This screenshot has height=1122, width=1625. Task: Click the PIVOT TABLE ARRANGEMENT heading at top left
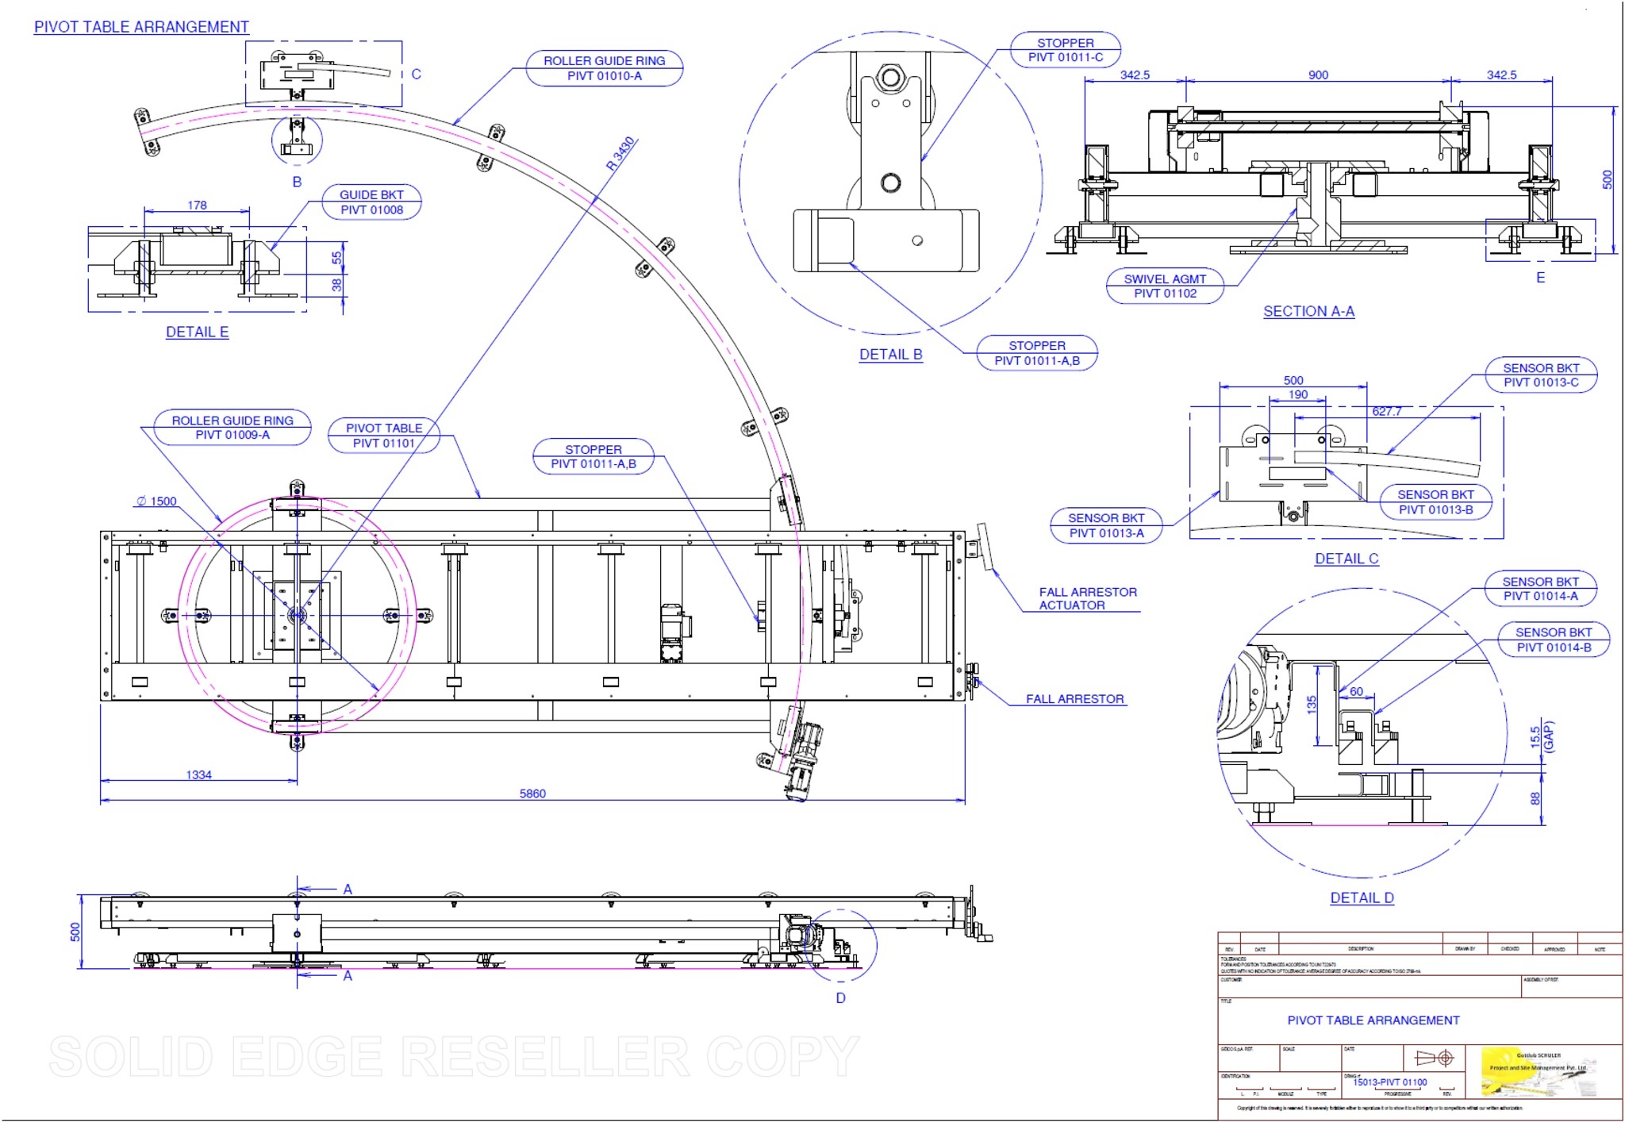[141, 27]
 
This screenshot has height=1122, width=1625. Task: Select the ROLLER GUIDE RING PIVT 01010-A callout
[604, 68]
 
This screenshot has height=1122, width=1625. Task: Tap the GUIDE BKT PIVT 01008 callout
[371, 202]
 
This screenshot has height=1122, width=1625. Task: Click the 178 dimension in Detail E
[197, 206]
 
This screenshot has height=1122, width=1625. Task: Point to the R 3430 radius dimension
[620, 154]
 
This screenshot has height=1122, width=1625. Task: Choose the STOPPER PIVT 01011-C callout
[1065, 50]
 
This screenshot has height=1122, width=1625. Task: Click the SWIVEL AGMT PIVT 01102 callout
[1164, 286]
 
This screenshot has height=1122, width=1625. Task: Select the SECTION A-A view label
[1308, 312]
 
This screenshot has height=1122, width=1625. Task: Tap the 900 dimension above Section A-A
[1318, 75]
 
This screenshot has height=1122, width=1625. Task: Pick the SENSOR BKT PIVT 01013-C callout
[1540, 375]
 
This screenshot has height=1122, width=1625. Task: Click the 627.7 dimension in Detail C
[1386, 412]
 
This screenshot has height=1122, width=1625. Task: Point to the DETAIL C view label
[1346, 559]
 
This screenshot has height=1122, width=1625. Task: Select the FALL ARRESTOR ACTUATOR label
[1087, 599]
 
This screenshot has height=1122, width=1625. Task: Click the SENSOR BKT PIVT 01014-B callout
[1553, 640]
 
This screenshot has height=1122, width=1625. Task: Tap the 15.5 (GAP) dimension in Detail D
[1542, 737]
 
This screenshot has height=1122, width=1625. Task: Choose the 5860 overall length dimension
[532, 793]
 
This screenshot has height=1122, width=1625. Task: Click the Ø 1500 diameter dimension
[156, 501]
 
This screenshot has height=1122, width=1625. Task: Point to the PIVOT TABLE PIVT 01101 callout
[384, 436]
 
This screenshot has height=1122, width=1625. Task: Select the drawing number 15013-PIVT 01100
[1389, 1082]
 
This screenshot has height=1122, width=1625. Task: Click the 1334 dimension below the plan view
[198, 775]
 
